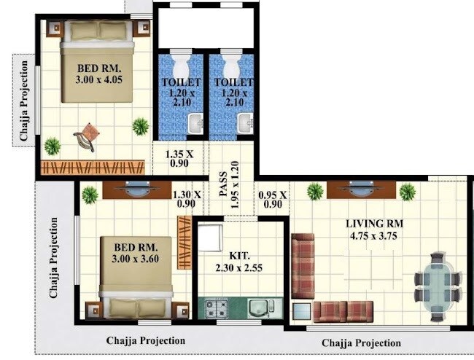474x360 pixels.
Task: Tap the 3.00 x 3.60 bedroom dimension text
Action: tap(134, 257)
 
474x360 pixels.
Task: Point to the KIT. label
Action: tap(239, 257)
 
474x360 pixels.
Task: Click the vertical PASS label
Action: tap(224, 189)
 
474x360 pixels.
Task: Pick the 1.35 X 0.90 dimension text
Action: tap(179, 160)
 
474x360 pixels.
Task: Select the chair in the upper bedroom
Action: tap(87, 137)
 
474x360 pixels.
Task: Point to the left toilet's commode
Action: tap(179, 63)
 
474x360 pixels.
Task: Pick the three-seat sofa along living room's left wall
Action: tap(302, 266)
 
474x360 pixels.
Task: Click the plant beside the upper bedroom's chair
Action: tap(140, 126)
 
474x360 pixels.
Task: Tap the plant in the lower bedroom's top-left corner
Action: tap(90, 195)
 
